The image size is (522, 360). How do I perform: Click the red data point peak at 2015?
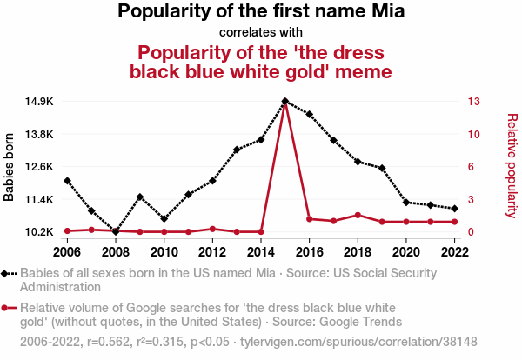click(285, 102)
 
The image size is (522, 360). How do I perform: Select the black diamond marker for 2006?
click(67, 181)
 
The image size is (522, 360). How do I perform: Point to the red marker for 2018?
click(358, 215)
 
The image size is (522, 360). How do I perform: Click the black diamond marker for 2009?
click(140, 197)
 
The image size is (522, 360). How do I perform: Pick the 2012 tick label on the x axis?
click(212, 251)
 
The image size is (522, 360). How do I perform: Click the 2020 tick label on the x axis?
click(406, 251)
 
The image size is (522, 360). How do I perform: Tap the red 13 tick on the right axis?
click(473, 102)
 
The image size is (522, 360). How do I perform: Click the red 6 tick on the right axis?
click(470, 167)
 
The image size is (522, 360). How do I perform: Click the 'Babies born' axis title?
click(10, 167)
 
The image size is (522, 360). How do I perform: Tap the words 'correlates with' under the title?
click(260, 32)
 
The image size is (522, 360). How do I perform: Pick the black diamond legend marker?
click(8, 273)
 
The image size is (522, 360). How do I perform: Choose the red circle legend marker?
click(8, 308)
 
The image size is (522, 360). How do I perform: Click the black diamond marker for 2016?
click(310, 115)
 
